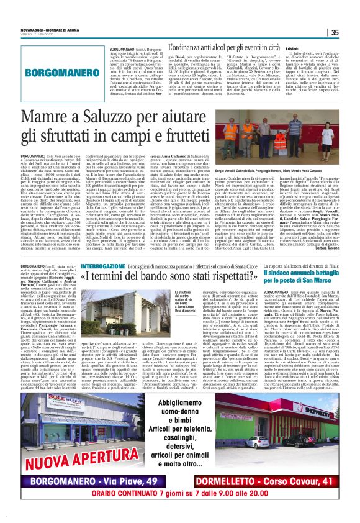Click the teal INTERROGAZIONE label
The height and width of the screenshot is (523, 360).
(110, 265)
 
